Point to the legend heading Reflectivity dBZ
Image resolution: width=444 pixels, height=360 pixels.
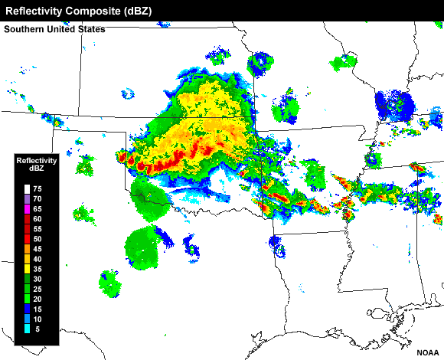pyautogui.click(x=37, y=164)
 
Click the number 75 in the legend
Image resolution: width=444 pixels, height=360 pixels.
pyautogui.click(x=37, y=188)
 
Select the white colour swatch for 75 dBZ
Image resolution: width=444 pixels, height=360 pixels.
pyautogui.click(x=26, y=188)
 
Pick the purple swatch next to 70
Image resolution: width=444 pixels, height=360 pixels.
pyautogui.click(x=26, y=198)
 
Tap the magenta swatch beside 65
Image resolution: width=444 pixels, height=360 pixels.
pyautogui.click(x=26, y=208)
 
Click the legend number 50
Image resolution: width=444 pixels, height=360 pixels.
pyautogui.click(x=37, y=239)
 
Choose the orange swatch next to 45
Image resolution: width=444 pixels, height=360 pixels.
pyautogui.click(x=26, y=249)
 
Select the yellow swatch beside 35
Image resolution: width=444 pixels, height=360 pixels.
pyautogui.click(x=26, y=269)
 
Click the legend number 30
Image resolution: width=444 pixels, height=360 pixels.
pyautogui.click(x=37, y=279)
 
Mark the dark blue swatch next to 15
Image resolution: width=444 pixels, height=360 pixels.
pyautogui.click(x=26, y=309)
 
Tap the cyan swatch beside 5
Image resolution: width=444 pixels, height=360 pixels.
pyautogui.click(x=26, y=329)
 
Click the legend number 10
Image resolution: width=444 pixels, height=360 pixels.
pyautogui.click(x=37, y=319)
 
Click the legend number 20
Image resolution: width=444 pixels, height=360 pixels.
pyautogui.click(x=37, y=299)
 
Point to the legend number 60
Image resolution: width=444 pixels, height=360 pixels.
pyautogui.click(x=37, y=219)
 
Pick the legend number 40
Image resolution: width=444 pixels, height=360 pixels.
pyautogui.click(x=37, y=259)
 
